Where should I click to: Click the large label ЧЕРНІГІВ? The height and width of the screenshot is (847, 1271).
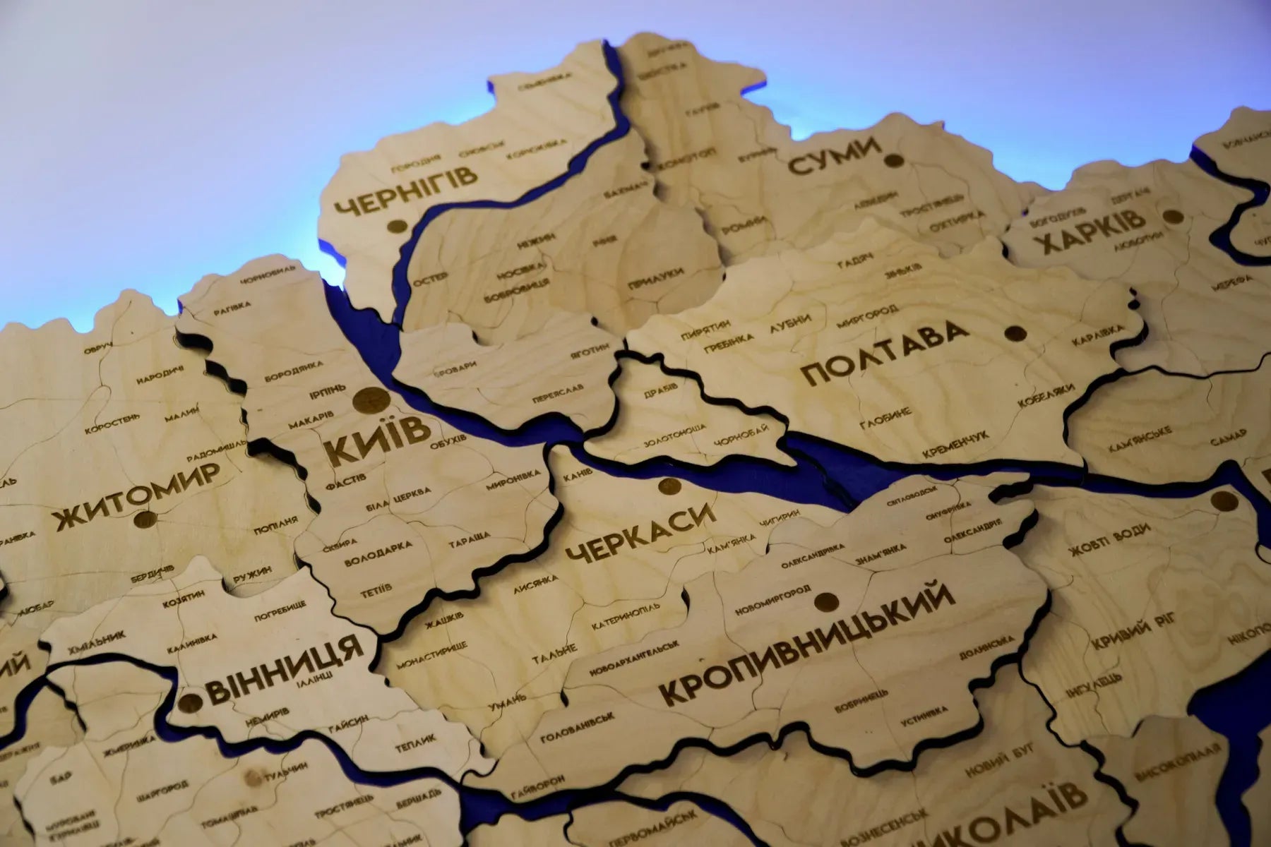coord(405,190)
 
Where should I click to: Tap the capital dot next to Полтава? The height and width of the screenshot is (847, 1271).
coord(1016,333)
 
